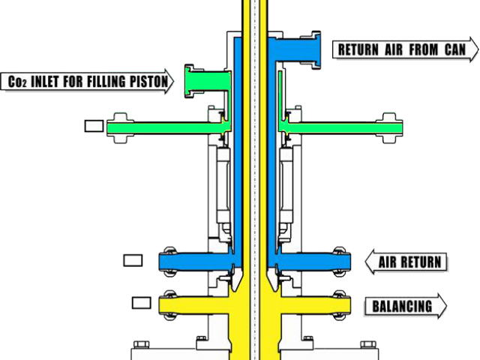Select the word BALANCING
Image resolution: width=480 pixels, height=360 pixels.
click(x=402, y=306)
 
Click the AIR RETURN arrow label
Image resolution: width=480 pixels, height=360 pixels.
click(x=405, y=262)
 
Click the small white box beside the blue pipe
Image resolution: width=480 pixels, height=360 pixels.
click(x=131, y=260)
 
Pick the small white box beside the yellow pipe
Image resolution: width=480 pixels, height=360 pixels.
click(x=141, y=303)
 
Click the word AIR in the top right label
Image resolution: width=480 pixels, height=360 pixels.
click(x=403, y=50)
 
